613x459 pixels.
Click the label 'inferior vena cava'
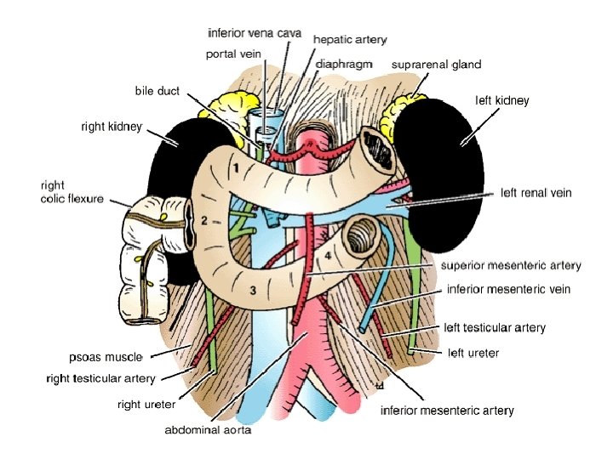(x=255, y=33)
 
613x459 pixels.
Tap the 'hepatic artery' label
(x=350, y=39)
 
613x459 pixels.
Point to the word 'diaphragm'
(x=344, y=64)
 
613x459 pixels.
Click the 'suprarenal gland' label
(x=436, y=64)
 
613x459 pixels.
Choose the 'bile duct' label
(x=157, y=91)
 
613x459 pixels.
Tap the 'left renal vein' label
(x=536, y=193)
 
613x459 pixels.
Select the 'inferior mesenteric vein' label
(x=508, y=289)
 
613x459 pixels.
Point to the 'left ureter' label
(x=473, y=352)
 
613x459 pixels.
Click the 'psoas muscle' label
(x=106, y=356)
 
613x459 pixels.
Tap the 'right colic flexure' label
(x=72, y=191)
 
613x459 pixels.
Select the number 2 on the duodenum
(x=204, y=221)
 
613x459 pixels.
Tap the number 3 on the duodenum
(x=252, y=291)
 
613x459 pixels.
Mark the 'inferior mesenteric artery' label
(x=446, y=411)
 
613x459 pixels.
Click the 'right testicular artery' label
(x=100, y=377)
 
